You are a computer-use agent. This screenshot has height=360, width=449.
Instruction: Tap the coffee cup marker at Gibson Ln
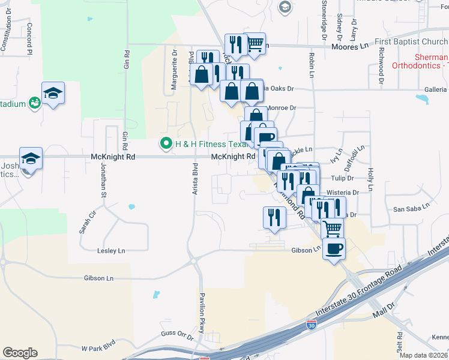point(334,247)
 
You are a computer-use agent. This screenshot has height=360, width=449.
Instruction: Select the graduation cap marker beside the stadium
point(53,93)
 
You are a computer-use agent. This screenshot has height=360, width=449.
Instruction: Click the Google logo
point(20,353)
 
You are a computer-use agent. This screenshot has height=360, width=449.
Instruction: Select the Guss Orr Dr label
point(177,335)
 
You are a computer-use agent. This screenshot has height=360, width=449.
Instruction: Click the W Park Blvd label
point(98,348)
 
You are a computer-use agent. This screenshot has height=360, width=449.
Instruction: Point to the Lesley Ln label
point(111,250)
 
